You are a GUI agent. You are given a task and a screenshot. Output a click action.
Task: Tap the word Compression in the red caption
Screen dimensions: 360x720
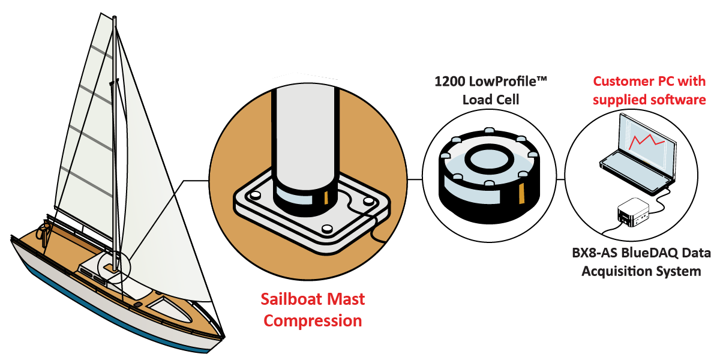[x=313, y=320]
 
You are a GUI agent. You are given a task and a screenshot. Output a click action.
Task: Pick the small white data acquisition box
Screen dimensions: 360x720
[x=632, y=212]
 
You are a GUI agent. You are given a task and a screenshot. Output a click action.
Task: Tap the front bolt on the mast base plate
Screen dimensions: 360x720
[x=327, y=229]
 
